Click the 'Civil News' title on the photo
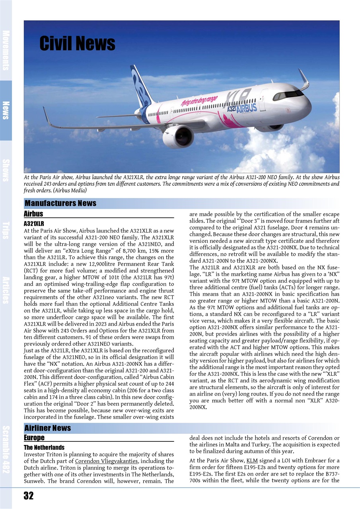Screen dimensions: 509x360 [77, 43]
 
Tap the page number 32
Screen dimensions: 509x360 [28, 495]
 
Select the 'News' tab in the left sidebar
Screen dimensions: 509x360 [6, 110]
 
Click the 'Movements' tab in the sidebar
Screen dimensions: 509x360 [6, 50]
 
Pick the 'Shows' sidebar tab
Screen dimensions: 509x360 [6, 170]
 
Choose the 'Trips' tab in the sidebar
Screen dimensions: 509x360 [6, 230]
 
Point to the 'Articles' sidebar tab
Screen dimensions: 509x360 [6, 290]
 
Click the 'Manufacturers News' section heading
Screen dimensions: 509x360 [60, 204]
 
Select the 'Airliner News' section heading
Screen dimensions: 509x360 [48, 428]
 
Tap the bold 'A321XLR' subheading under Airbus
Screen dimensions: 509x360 [34, 224]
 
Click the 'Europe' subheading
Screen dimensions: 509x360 [34, 437]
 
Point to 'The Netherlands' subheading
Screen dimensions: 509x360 [44, 448]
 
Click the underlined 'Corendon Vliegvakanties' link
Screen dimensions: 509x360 [106, 461]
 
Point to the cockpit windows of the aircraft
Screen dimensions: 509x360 [289, 94]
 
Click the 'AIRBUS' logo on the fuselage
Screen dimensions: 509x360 [247, 107]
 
